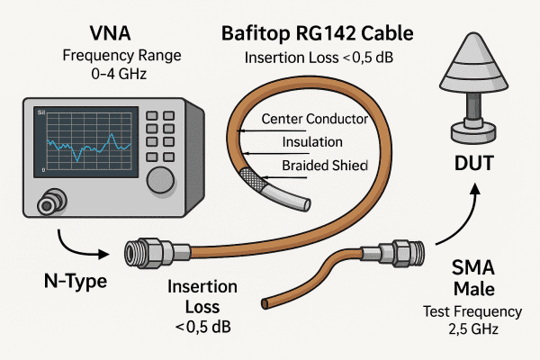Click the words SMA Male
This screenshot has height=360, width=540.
pos(474,276)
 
